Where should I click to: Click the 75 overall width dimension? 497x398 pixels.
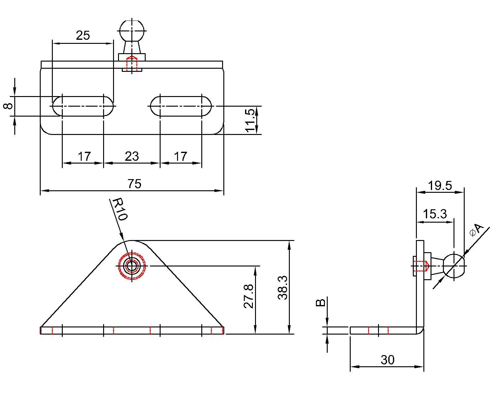(134, 184)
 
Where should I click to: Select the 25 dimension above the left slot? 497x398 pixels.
(83, 35)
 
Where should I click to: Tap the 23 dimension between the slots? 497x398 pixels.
(132, 156)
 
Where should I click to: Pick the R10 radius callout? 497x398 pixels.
(120, 210)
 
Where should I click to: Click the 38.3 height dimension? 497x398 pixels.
(283, 288)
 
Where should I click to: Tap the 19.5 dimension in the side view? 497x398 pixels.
(440, 186)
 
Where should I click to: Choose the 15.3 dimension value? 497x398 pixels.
(435, 214)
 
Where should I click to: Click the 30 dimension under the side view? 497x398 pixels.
(387, 360)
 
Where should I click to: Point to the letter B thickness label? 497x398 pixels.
(321, 302)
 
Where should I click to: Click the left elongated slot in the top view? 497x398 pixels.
(83, 106)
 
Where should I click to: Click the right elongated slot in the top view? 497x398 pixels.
(181, 106)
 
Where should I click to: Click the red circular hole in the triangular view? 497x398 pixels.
(132, 266)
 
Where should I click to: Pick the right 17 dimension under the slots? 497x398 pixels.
(180, 156)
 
